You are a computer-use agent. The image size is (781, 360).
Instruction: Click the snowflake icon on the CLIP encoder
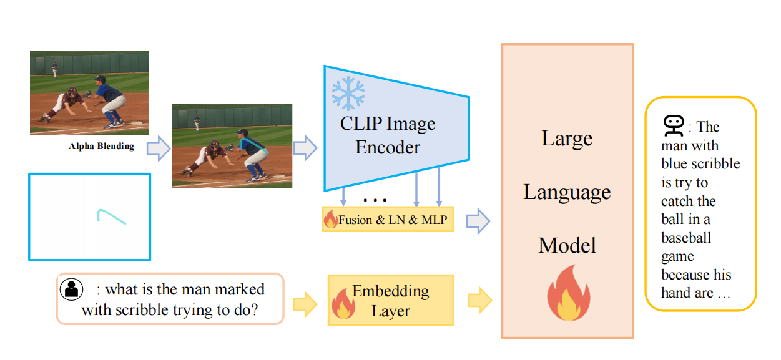pyautogui.click(x=348, y=94)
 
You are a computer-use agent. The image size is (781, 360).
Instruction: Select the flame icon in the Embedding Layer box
pyautogui.click(x=343, y=303)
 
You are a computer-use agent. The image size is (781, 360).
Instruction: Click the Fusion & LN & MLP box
pyautogui.click(x=388, y=220)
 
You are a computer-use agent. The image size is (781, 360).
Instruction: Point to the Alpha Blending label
pyautogui.click(x=102, y=147)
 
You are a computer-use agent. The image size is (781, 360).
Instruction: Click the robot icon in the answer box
pyautogui.click(x=672, y=127)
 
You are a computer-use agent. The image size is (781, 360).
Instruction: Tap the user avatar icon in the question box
pyautogui.click(x=72, y=289)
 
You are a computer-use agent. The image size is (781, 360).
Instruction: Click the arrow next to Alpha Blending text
pyautogui.click(x=158, y=148)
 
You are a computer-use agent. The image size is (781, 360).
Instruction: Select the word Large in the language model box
pyautogui.click(x=567, y=138)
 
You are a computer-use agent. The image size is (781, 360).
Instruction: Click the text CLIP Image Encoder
pyautogui.click(x=388, y=135)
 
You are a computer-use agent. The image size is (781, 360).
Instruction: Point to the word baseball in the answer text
pyautogui.click(x=686, y=238)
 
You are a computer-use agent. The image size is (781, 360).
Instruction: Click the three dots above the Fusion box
pyautogui.click(x=375, y=200)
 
